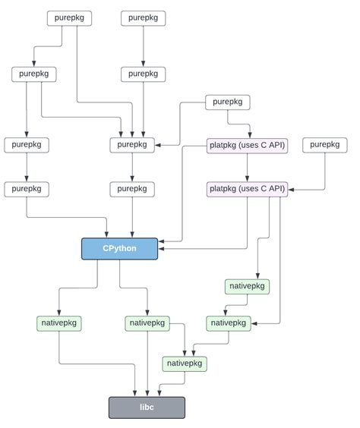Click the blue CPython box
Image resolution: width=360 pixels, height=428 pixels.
pos(119,248)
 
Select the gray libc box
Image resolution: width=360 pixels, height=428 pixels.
pos(147,407)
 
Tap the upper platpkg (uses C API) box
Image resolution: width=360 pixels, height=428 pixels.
pos(247,145)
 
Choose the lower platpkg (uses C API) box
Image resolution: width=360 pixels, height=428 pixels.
pos(247,188)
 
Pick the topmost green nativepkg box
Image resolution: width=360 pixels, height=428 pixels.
pos(247,287)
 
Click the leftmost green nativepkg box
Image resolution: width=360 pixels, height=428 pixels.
pos(59,323)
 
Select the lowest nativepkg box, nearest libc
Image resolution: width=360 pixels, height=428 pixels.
pos(185,363)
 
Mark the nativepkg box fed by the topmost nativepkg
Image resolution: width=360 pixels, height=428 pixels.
pos(229,323)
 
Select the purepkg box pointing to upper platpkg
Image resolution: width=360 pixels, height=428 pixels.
pos(228,102)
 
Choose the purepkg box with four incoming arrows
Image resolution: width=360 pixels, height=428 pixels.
pos(132,145)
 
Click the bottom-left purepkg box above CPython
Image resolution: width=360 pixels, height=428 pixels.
pos(27,188)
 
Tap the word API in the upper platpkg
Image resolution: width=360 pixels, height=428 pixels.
pos(276,145)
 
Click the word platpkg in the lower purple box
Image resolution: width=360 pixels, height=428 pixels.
pos(224,188)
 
